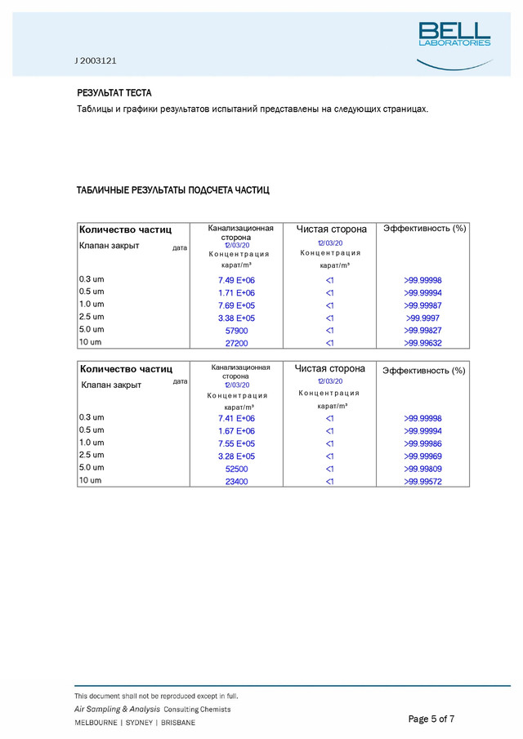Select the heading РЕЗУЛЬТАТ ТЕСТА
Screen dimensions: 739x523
click(114, 93)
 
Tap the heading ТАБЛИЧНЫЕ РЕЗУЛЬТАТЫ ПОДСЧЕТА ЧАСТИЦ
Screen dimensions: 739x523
click(172, 190)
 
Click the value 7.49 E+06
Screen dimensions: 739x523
click(236, 280)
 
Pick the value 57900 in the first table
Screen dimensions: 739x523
click(236, 331)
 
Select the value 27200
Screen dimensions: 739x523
click(236, 344)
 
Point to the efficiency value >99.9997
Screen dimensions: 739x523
click(422, 318)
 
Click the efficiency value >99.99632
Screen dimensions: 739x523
click(422, 344)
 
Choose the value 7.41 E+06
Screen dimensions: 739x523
click(236, 419)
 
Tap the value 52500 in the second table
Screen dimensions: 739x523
click(236, 470)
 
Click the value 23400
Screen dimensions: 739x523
click(236, 483)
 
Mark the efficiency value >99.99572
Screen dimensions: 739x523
click(422, 483)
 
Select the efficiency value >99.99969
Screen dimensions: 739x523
click(422, 456)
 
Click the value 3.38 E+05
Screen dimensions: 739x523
click(236, 318)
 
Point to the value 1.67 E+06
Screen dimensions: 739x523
click(236, 431)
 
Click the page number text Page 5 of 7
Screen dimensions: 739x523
click(431, 719)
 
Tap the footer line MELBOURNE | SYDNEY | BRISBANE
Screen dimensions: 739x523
click(135, 723)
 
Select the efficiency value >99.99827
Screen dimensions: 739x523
click(422, 331)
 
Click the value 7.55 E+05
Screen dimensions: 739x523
click(236, 444)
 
